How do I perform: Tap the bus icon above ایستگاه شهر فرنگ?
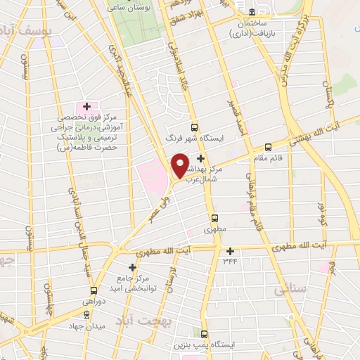click(194, 128)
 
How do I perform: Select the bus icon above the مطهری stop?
click(214, 218)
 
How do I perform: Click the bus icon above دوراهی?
click(94, 290)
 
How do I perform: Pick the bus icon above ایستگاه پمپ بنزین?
click(205, 334)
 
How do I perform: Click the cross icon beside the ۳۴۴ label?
click(230, 251)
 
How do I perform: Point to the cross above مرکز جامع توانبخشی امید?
click(132, 267)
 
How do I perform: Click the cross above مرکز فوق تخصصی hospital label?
click(86, 106)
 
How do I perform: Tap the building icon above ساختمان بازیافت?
click(252, 11)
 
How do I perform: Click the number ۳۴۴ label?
click(231, 261)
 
